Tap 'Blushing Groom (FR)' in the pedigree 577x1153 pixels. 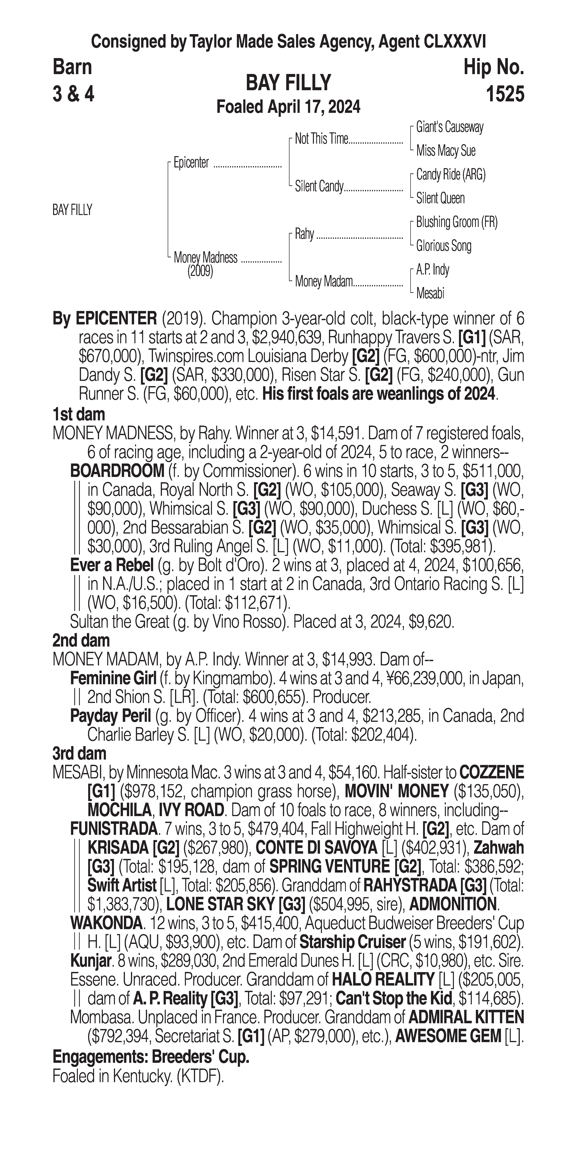pos(456,222)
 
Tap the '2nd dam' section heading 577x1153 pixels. pos(81,640)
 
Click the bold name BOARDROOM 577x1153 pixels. pos(117,471)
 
